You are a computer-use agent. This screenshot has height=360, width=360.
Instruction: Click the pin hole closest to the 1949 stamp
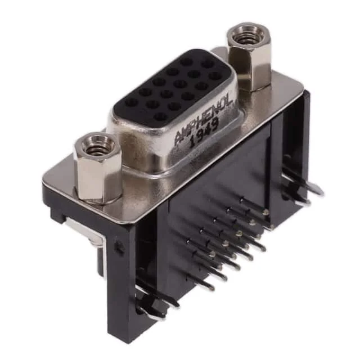click(159, 116)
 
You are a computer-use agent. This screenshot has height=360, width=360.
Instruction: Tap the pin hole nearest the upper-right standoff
click(208, 62)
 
